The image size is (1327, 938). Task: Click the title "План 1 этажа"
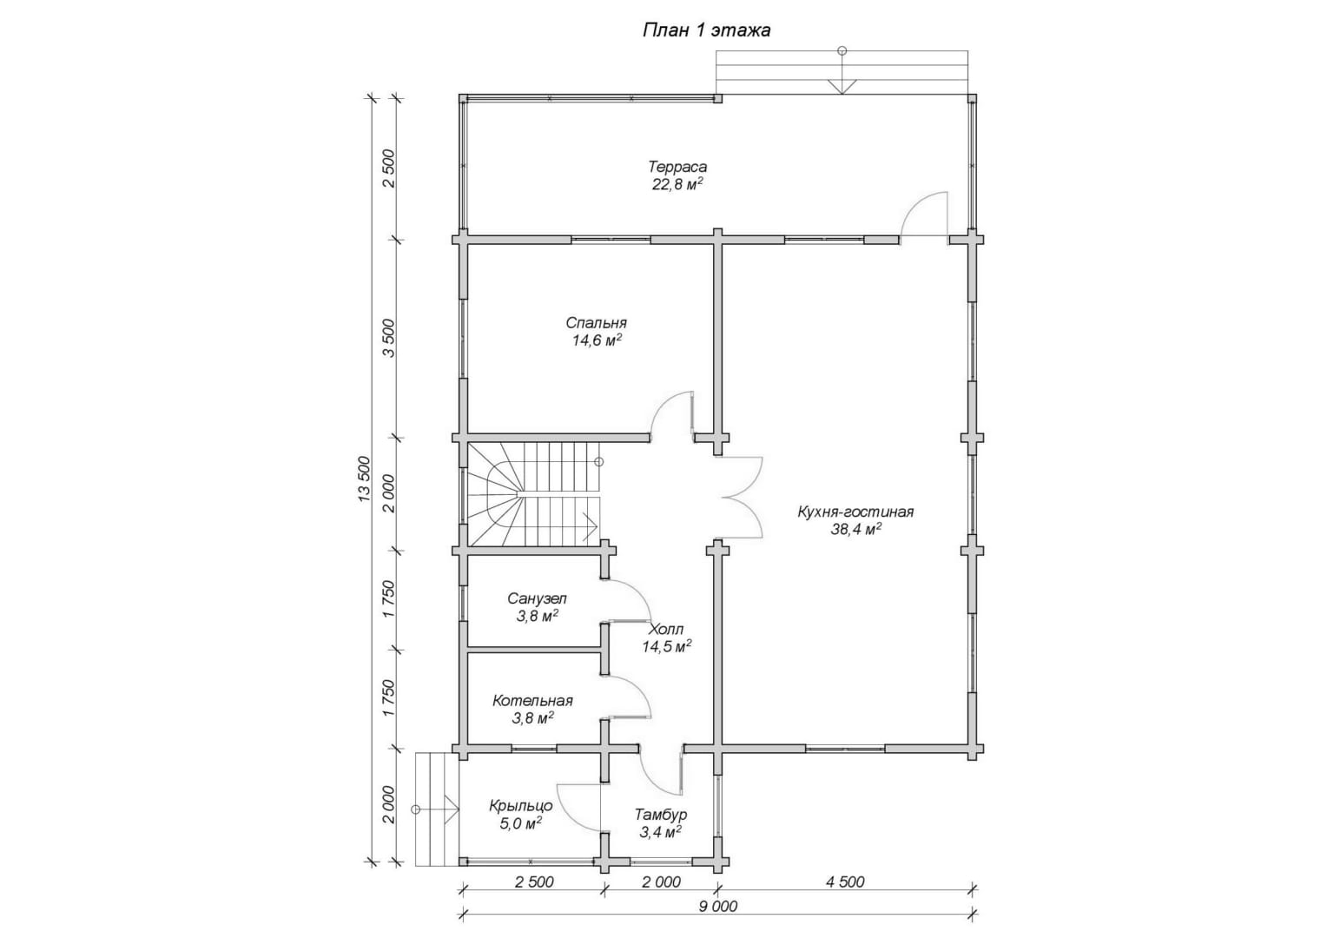[706, 30]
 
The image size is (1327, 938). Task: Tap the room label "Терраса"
[677, 167]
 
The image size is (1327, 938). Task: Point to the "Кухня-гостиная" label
[855, 512]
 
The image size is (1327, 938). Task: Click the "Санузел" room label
[537, 598]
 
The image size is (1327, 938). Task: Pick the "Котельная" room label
[532, 701]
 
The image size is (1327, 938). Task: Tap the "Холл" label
[666, 629]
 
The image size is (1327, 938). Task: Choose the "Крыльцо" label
[521, 806]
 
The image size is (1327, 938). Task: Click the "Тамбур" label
[661, 814]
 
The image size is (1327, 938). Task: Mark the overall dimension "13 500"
[364, 479]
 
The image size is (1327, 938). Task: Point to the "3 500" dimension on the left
[388, 339]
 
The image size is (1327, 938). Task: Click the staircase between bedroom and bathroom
[534, 494]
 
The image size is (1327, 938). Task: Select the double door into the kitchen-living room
[741, 498]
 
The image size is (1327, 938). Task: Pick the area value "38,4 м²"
[856, 529]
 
